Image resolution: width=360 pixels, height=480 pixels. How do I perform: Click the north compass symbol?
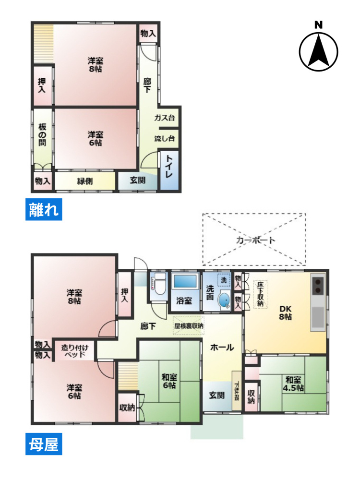[318, 49]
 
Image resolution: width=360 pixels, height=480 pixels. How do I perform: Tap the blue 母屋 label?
[44, 445]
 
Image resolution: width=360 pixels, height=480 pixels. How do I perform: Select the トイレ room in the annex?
[169, 167]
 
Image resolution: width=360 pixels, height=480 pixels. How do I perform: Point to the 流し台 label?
[164, 139]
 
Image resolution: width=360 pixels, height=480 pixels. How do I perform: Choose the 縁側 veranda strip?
[85, 181]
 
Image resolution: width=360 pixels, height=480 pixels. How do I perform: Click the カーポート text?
[254, 240]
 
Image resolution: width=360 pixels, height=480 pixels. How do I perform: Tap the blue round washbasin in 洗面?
[224, 300]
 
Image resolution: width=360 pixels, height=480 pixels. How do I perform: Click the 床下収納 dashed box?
[261, 294]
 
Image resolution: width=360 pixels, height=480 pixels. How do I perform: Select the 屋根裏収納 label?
[188, 325]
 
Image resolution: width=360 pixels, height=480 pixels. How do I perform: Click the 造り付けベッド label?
[73, 351]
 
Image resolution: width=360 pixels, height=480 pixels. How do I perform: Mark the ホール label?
[222, 348]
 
